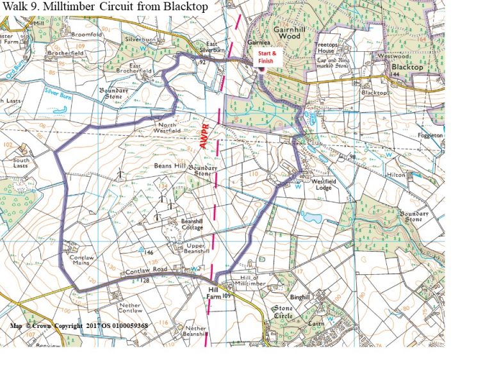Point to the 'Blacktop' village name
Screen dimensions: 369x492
pos(407,67)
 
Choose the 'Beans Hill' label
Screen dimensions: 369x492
pos(170,165)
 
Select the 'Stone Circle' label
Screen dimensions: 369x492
pos(284,312)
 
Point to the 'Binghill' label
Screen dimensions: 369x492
pos(299,297)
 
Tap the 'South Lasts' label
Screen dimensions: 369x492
pos(21,163)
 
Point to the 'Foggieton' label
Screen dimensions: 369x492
pos(430,135)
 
